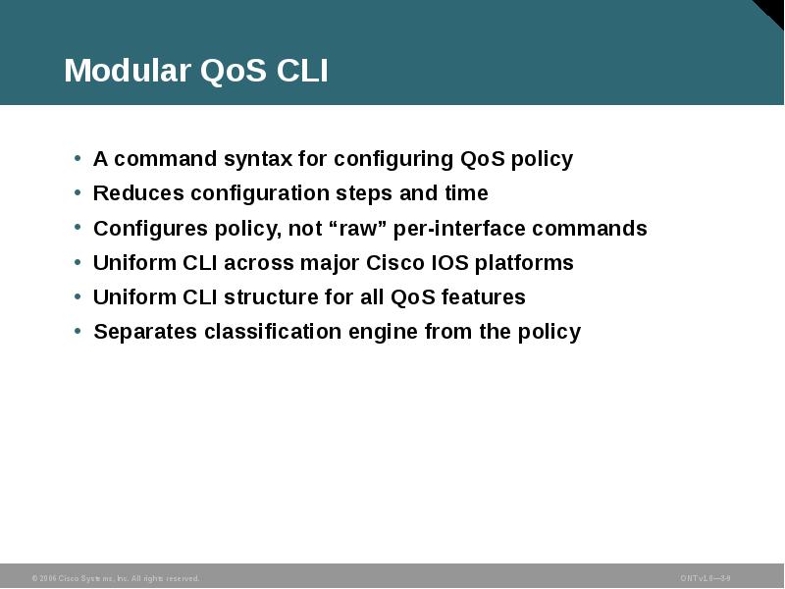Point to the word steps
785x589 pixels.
tap(390, 193)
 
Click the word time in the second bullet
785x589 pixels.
tap(465, 193)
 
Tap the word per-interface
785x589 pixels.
tap(459, 229)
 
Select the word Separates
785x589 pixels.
tap(145, 332)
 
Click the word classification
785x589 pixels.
tap(269, 332)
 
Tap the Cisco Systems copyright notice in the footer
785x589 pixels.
tap(115, 578)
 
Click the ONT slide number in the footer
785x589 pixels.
tap(705, 578)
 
